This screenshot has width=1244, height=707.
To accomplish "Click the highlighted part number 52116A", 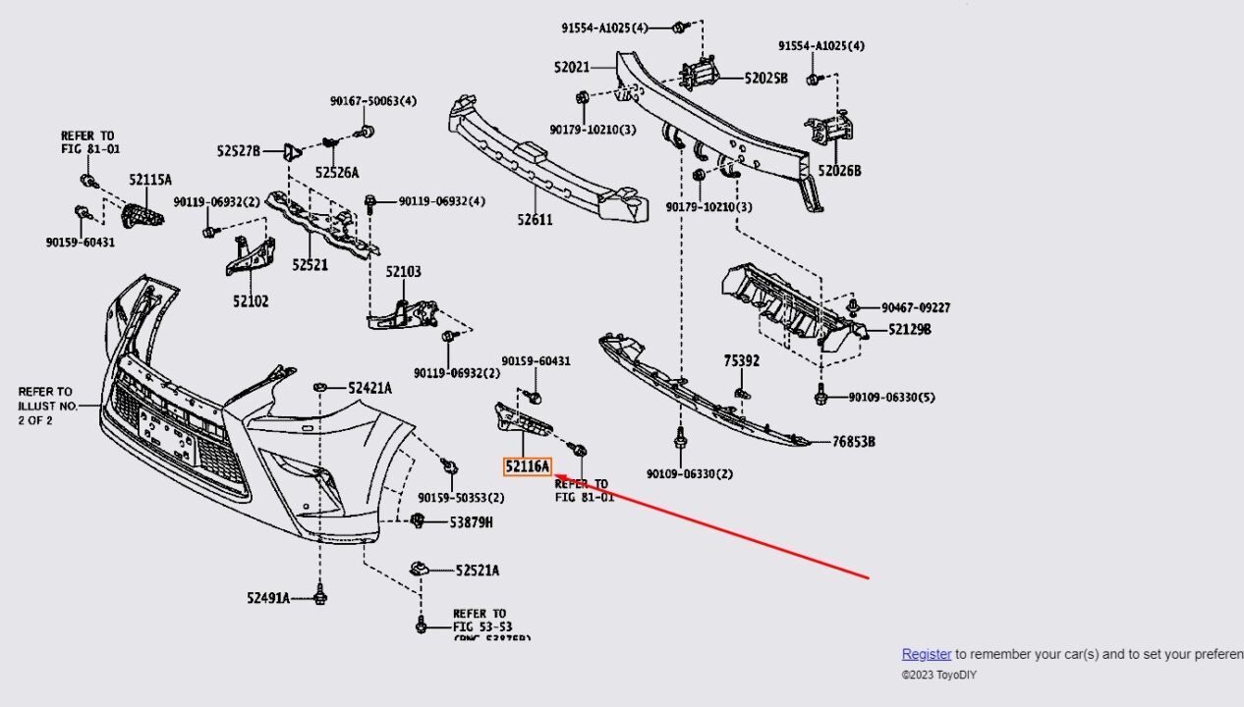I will [528, 467].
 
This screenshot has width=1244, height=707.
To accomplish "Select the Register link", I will [927, 654].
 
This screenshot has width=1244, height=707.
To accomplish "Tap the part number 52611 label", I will [535, 220].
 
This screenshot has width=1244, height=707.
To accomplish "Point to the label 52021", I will [572, 68].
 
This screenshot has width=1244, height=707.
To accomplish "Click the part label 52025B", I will [765, 78].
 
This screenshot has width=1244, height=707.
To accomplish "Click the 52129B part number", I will [909, 330].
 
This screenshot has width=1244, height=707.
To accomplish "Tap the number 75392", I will [742, 361].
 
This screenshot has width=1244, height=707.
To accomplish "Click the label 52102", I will [251, 301].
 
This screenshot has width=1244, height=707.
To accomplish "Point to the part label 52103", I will [403, 272].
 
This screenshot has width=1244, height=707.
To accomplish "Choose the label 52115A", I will [150, 180].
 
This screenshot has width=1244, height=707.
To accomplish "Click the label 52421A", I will [369, 388].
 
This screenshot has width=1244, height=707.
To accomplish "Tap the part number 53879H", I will [471, 522].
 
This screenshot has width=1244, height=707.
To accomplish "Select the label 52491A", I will [268, 597].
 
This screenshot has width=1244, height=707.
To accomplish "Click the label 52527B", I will [239, 151].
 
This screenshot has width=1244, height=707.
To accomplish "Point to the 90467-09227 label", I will [916, 307].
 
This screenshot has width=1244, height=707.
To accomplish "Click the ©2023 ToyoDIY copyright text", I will [938, 676].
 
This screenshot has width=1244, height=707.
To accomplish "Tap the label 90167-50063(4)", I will [372, 101].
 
